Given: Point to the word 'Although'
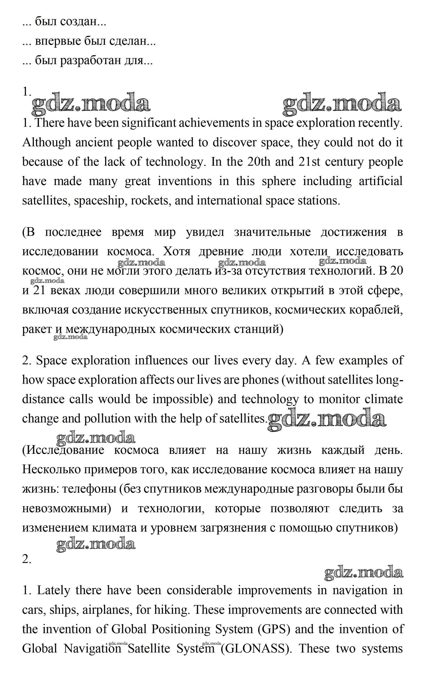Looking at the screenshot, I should click(x=46, y=143).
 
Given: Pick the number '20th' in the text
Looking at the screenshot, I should click(x=259, y=162).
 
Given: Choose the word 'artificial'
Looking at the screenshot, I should click(x=381, y=181).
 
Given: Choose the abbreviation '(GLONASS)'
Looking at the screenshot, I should click(x=256, y=649).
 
